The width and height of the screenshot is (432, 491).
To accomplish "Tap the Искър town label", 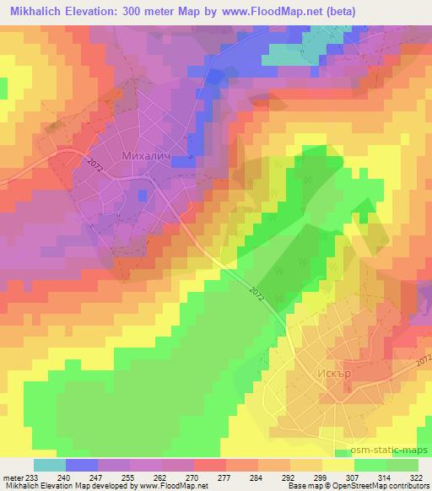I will coord(340,371).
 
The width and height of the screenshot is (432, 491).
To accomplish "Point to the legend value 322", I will coord(416,475).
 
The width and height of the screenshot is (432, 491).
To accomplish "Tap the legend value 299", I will coord(320,475).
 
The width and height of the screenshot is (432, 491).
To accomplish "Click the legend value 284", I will coord(254,475).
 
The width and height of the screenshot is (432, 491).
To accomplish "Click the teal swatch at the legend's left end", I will coord(50,464).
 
